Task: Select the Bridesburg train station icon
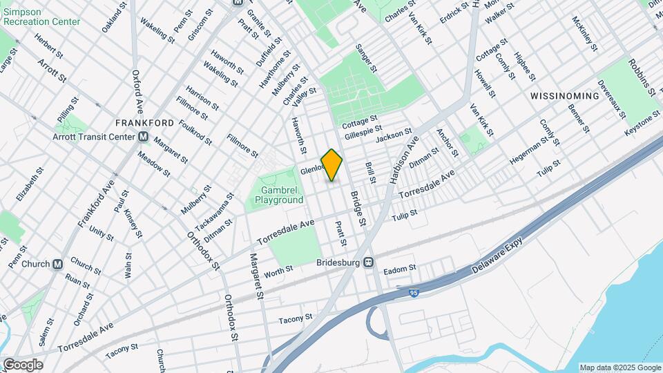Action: click(x=369, y=262)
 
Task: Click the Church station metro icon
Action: click(x=58, y=264)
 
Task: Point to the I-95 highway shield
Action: click(x=413, y=294)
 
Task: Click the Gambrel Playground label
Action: click(x=279, y=195)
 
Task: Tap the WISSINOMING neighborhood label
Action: click(x=564, y=96)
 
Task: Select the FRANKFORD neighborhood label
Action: click(x=144, y=123)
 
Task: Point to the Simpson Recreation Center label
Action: click(x=41, y=16)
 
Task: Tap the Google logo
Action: click(x=23, y=364)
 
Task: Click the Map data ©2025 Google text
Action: click(x=619, y=367)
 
